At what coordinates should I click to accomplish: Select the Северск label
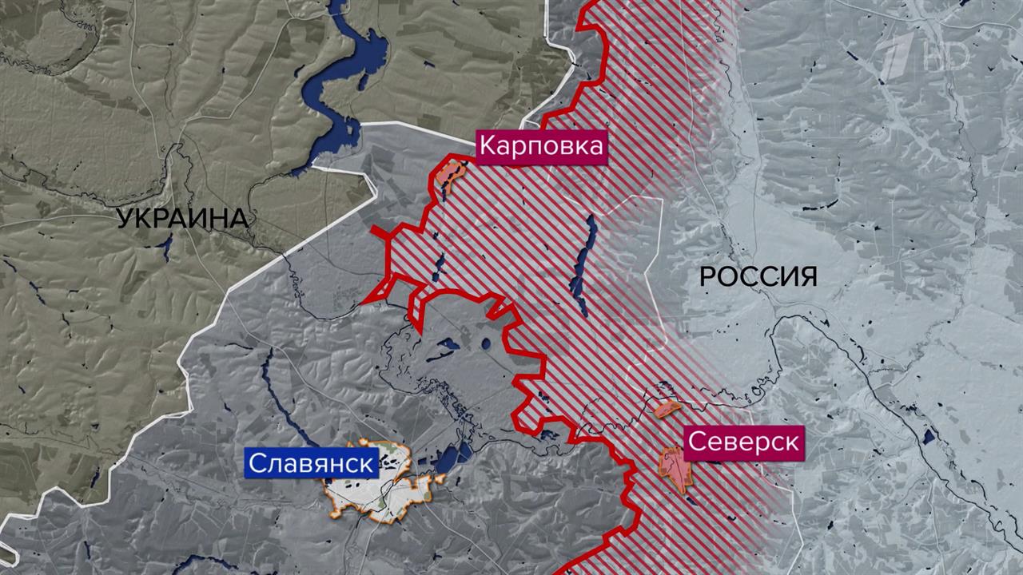743,443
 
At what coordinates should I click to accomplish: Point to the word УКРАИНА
182,218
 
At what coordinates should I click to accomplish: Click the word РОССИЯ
758,277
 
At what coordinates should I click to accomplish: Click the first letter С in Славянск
257,463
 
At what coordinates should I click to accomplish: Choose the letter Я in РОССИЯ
806,277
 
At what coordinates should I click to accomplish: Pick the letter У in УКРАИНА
125,218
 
